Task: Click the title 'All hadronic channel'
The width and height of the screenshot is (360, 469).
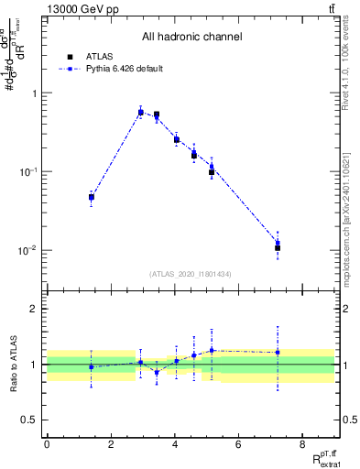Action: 191,38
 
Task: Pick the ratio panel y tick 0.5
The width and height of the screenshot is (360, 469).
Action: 29,420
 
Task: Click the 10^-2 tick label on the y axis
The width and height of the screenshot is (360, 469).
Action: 27,250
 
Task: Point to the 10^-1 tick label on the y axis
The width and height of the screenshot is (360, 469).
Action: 27,171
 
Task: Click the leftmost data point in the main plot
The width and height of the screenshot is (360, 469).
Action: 92,197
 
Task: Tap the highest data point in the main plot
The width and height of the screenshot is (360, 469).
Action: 140,113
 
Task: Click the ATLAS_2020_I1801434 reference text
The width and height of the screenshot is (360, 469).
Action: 191,274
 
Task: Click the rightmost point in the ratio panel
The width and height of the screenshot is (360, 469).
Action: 278,352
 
